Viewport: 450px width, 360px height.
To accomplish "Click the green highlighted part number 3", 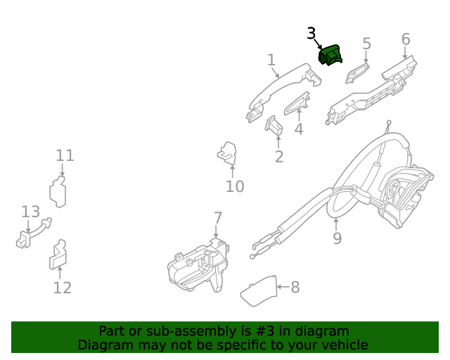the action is tap(330, 54).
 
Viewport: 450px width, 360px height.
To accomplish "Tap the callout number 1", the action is tap(271, 60).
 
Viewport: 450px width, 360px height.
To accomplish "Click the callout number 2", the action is tap(279, 156).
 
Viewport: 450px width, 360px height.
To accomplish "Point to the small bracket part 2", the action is tap(273, 124).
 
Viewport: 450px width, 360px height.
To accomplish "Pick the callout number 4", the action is tap(299, 129).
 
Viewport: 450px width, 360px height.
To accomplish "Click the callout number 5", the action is tap(366, 44).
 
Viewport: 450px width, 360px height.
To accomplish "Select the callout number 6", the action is tap(406, 39).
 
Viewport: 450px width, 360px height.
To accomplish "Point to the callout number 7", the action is tap(218, 217).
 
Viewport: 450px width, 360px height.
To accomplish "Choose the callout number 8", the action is tap(295, 287).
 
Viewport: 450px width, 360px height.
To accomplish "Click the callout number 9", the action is tap(337, 238).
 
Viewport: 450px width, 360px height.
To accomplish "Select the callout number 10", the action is tap(234, 186).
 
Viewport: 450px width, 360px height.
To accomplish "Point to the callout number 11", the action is tap(65, 155).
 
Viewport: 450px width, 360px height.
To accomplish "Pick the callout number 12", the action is tap(63, 288).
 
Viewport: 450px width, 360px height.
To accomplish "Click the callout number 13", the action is tap(30, 212).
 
